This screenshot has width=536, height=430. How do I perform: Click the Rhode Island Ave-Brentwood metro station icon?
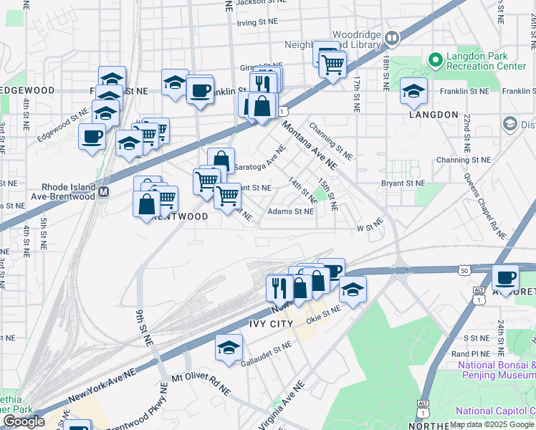[x=104, y=192]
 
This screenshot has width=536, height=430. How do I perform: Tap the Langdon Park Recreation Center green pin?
[x=434, y=58]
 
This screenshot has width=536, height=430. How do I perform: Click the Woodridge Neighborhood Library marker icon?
[x=391, y=37]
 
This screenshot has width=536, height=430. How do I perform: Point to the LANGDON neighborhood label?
[x=433, y=115]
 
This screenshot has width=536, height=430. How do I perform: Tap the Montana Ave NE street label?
[x=310, y=143]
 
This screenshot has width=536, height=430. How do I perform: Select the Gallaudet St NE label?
[x=266, y=351]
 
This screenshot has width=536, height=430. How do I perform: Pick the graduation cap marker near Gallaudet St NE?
[x=229, y=348]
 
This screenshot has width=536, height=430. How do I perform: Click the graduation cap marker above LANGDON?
[x=413, y=91]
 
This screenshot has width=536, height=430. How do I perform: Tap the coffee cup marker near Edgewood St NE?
[x=91, y=135]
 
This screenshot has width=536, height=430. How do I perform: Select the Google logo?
[x=24, y=421]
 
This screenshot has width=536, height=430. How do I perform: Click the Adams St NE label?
[x=290, y=211]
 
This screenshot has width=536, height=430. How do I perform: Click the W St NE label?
[x=370, y=228]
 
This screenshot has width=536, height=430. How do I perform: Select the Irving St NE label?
[x=257, y=23]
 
